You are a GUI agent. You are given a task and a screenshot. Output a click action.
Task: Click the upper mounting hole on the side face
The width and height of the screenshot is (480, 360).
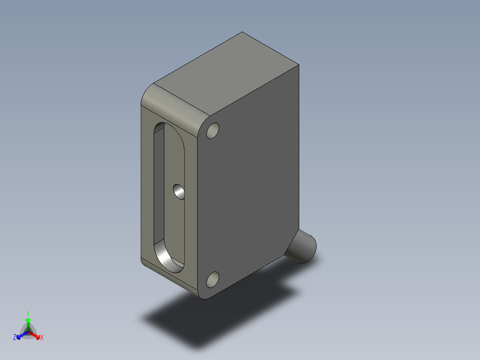(213, 132)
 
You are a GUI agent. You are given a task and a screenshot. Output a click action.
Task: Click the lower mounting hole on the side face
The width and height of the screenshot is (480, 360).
(213, 279)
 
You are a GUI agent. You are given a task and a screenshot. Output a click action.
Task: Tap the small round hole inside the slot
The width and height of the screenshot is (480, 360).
(179, 192)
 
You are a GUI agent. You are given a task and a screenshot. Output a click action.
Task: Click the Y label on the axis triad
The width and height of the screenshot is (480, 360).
(28, 313)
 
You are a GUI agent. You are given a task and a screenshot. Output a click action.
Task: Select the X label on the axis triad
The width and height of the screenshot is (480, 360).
(42, 338)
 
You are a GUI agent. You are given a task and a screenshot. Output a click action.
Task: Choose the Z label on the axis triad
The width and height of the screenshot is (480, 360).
(15, 338)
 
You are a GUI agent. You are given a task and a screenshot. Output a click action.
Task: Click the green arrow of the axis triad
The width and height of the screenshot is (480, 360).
(28, 323)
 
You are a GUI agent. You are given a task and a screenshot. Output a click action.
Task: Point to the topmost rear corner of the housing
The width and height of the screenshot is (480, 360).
(242, 33)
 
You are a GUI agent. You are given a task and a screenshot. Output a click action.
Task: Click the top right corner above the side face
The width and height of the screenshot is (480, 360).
(298, 65)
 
